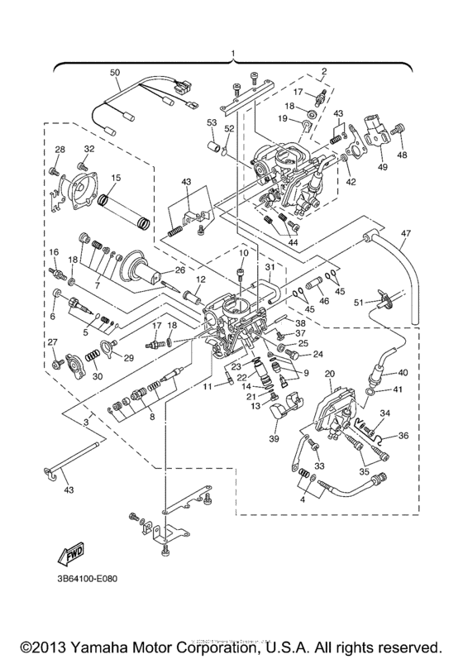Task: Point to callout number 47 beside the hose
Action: click(x=406, y=235)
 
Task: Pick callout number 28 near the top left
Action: click(x=59, y=150)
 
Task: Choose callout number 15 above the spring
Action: click(x=116, y=178)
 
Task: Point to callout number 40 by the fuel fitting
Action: click(x=404, y=372)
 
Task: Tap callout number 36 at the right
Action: click(x=404, y=436)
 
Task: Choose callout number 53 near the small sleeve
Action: click(x=211, y=122)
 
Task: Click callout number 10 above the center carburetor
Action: click(x=244, y=252)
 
